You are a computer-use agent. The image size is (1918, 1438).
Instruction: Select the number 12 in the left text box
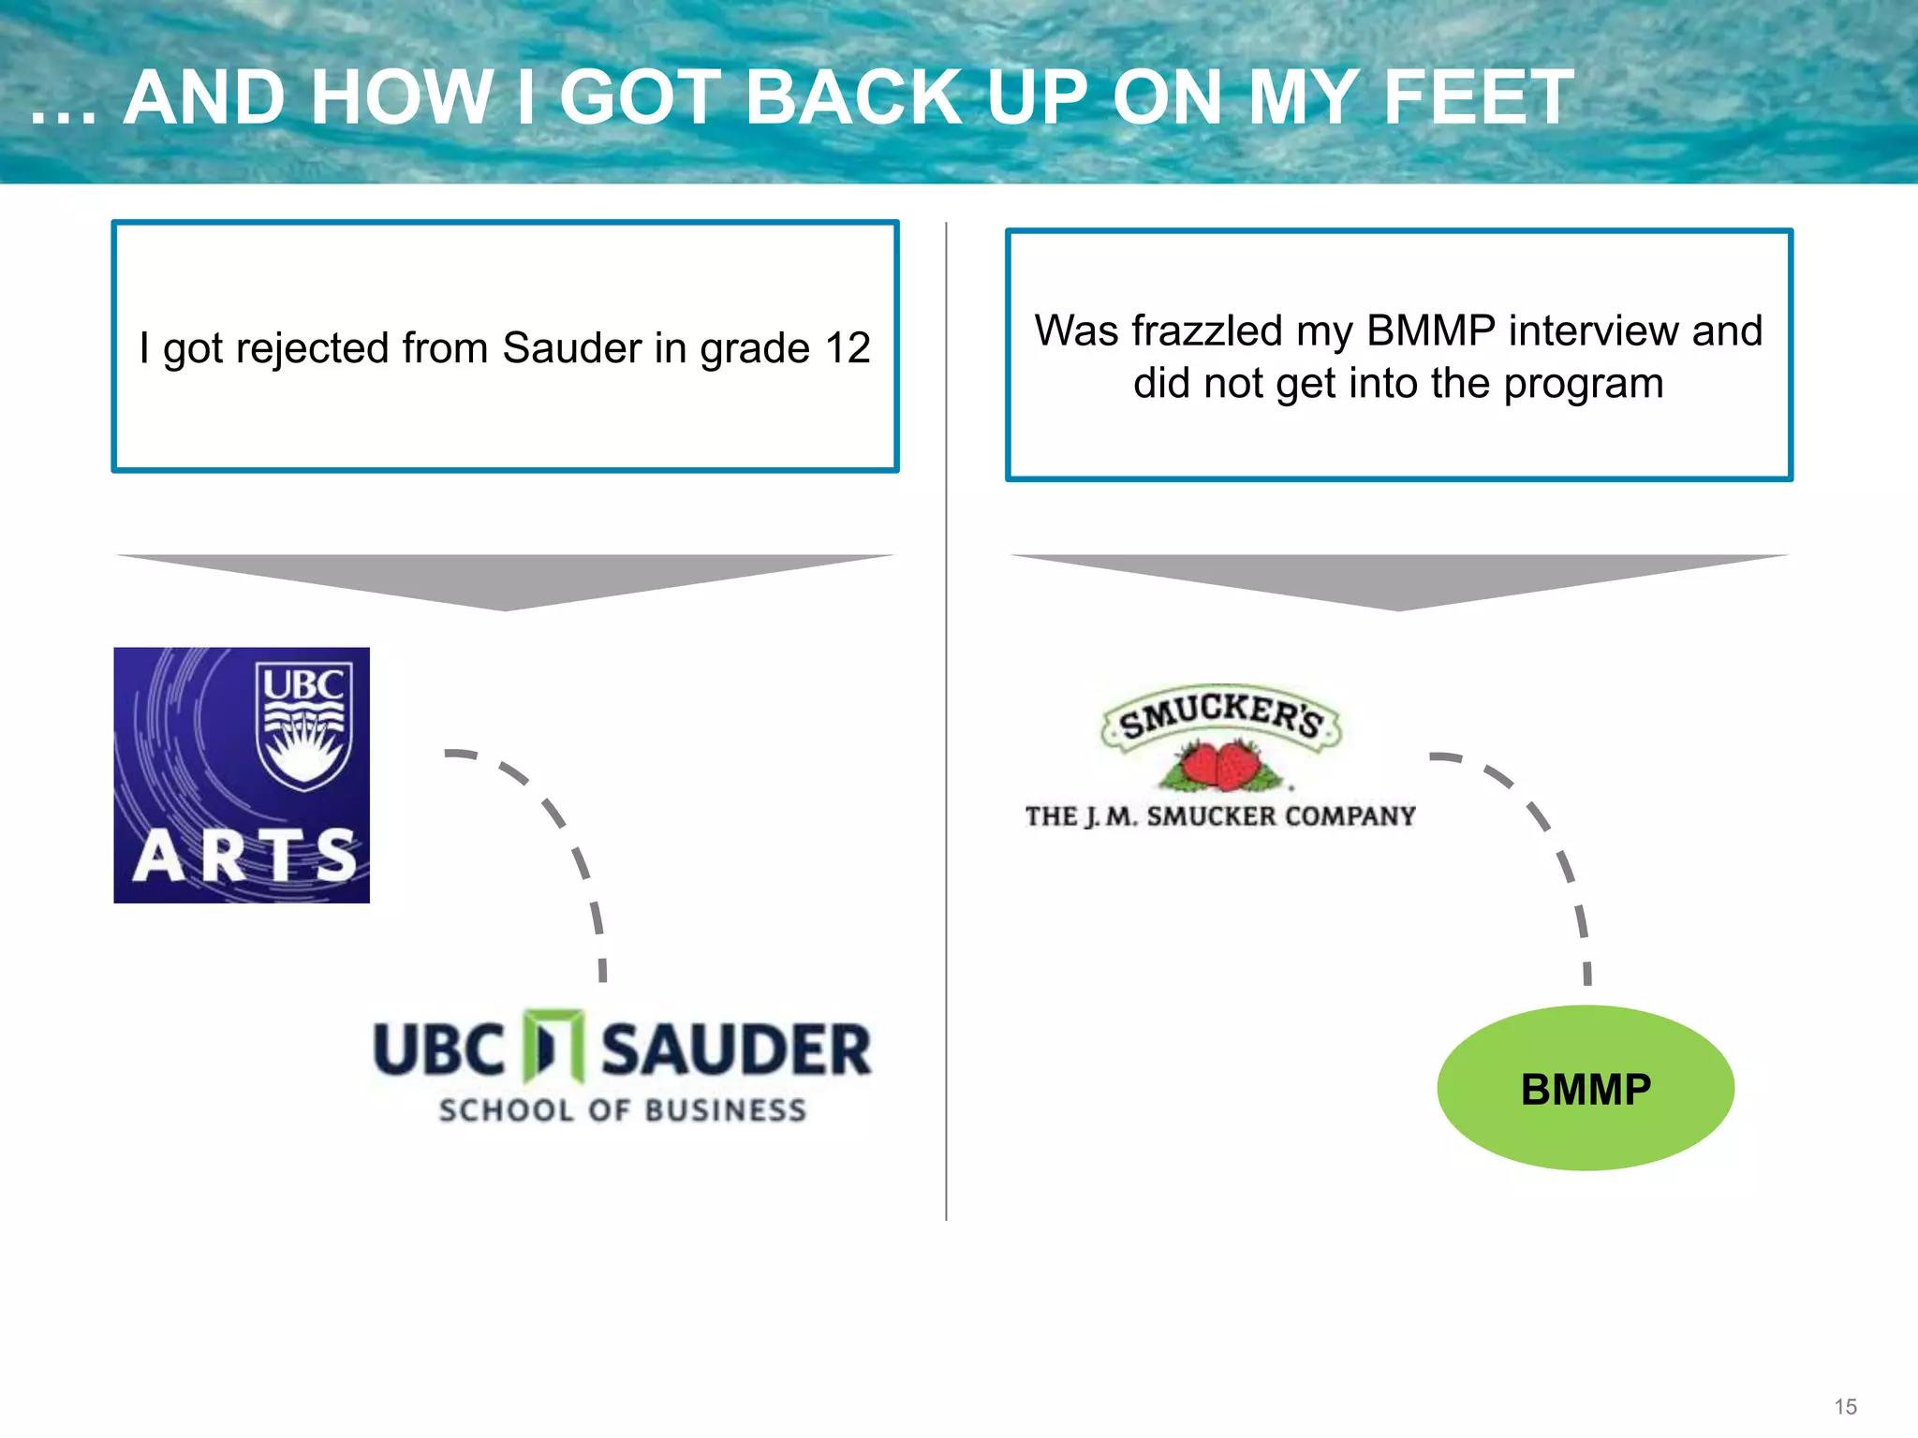pyautogui.click(x=847, y=348)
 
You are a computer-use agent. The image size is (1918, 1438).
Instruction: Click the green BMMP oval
pyautogui.click(x=1585, y=1089)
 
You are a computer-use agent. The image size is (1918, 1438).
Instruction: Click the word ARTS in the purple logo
pyautogui.click(x=244, y=856)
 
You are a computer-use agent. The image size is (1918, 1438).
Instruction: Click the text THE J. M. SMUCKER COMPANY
pyautogui.click(x=1219, y=816)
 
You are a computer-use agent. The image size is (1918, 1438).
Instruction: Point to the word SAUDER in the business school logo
pyautogui.click(x=736, y=1050)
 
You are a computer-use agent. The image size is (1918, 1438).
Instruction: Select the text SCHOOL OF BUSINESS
pyautogui.click(x=622, y=1110)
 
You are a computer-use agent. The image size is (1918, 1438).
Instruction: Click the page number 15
pyautogui.click(x=1845, y=1406)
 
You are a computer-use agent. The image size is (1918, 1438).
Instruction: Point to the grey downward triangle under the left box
pyautogui.click(x=505, y=576)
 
